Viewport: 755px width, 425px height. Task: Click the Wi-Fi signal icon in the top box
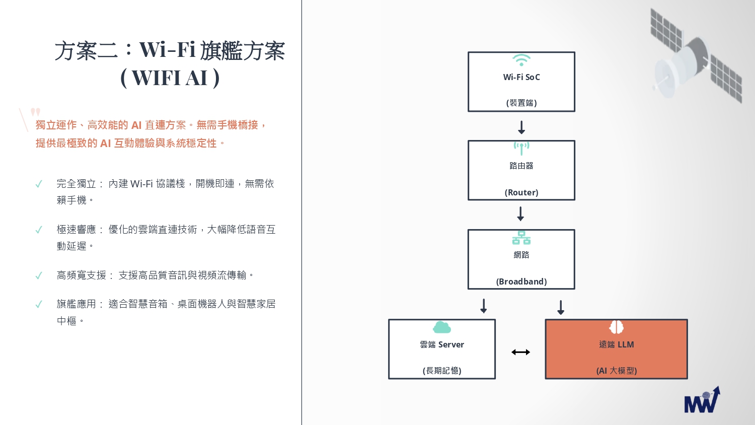tap(521, 60)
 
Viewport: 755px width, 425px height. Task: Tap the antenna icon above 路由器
tap(521, 149)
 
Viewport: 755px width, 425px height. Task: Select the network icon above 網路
tap(521, 238)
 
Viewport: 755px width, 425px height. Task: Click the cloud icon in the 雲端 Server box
tap(442, 327)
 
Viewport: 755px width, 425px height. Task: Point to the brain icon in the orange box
tap(616, 327)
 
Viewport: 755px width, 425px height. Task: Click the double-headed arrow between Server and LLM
tap(521, 352)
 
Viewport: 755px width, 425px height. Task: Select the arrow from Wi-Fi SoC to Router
tap(521, 127)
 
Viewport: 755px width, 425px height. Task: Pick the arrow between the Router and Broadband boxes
tap(521, 214)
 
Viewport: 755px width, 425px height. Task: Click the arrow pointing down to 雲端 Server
tap(484, 306)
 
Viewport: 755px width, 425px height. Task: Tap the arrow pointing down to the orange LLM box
tap(561, 307)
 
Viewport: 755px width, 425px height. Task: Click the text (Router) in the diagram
tap(521, 192)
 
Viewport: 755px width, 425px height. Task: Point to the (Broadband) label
tap(521, 281)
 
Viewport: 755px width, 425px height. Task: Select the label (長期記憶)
tap(442, 371)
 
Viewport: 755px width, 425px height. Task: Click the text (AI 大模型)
tap(617, 371)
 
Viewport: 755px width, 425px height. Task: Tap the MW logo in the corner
tap(702, 400)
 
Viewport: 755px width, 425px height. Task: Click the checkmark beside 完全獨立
tap(39, 184)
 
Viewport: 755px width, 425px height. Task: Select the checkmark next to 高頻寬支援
tap(39, 276)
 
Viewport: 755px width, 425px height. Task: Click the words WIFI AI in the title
tap(169, 78)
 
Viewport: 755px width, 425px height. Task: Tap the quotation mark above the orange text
tap(35, 112)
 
